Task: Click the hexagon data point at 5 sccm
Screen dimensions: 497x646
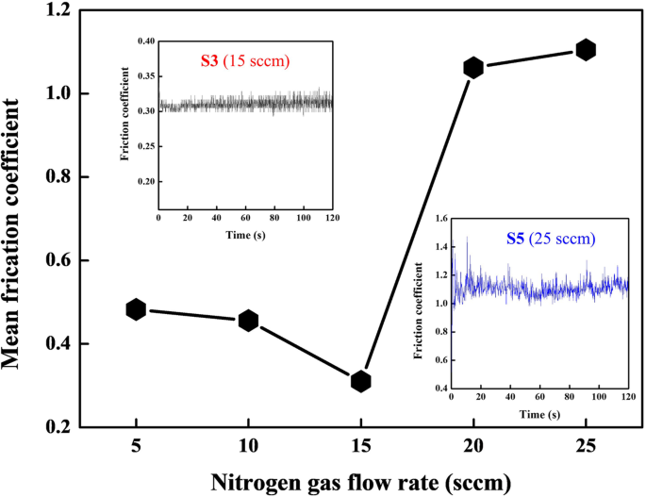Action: pos(136,309)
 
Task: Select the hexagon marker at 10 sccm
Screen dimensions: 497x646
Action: pos(249,321)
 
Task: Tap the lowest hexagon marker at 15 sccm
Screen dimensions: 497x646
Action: pos(360,381)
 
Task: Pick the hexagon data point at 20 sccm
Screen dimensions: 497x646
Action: pos(473,67)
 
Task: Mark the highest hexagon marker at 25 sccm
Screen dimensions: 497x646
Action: pos(586,50)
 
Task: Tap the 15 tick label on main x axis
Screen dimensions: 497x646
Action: pos(360,447)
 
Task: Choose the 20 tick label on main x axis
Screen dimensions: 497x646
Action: pos(473,447)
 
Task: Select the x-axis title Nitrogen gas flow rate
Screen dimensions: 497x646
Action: pos(360,481)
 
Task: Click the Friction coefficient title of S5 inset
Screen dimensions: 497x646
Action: pos(418,302)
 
